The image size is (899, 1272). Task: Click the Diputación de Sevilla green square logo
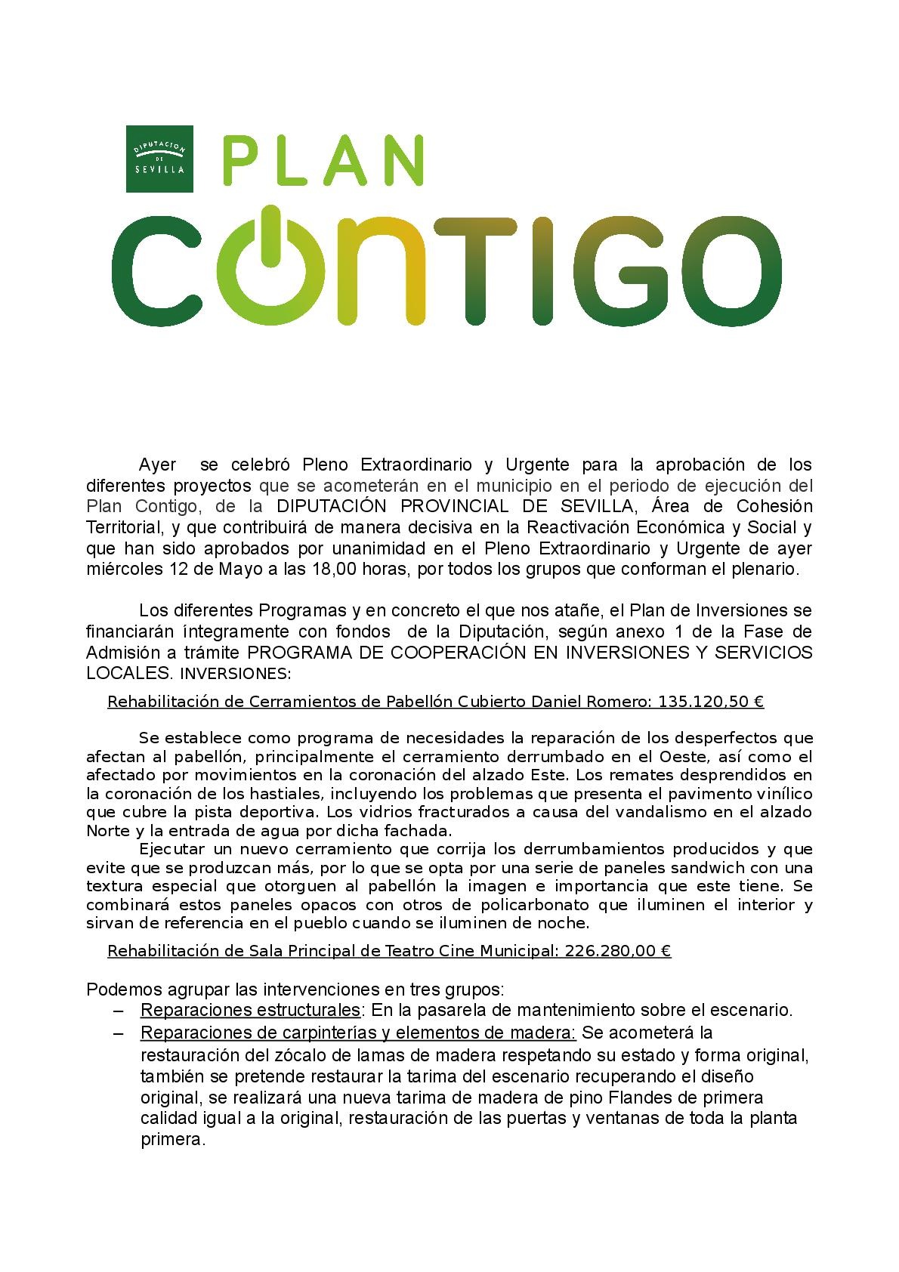pyautogui.click(x=159, y=159)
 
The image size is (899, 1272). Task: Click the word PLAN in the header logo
pyautogui.click(x=322, y=159)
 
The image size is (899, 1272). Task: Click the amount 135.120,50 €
pyautogui.click(x=711, y=702)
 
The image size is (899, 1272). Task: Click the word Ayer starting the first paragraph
pyautogui.click(x=158, y=463)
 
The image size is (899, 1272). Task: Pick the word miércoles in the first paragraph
pyautogui.click(x=122, y=569)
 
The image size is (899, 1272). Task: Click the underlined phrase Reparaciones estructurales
pyautogui.click(x=250, y=1010)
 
